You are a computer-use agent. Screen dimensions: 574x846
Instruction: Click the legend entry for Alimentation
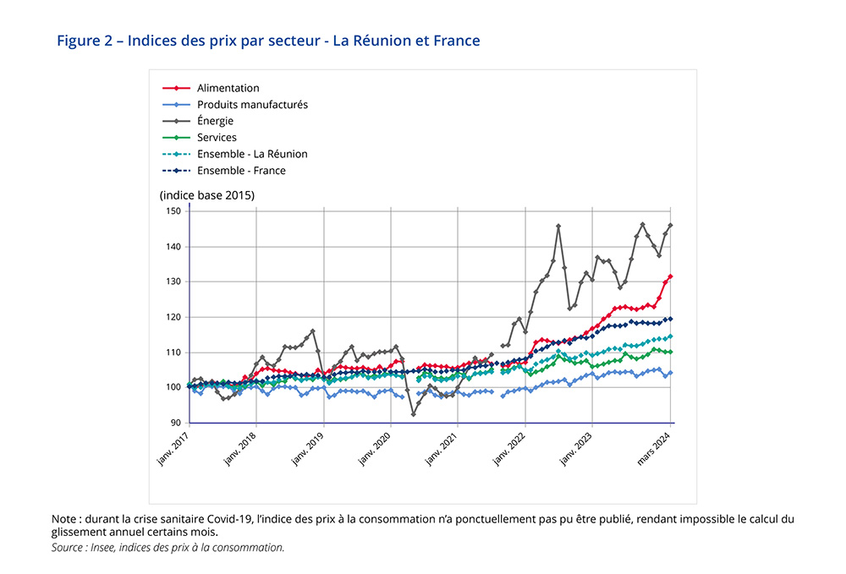pos(228,88)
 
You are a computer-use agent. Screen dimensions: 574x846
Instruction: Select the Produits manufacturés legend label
pos(252,105)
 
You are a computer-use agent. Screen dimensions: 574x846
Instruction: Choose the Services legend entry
pos(217,138)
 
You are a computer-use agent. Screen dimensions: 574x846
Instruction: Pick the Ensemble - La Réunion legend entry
pos(252,154)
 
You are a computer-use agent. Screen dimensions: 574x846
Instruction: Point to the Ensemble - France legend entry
pos(241,171)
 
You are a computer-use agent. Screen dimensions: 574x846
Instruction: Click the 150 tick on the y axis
pos(174,211)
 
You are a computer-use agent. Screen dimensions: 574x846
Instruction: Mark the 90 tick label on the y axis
pos(177,423)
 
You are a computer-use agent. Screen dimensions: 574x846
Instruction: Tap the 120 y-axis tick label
pos(174,317)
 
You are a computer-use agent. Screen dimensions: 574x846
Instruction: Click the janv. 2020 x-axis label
pos(377,449)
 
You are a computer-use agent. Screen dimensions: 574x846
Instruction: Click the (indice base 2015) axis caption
pos(206,195)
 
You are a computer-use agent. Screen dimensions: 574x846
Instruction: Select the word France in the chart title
pos(458,41)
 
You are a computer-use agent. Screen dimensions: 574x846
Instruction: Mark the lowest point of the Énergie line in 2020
pos(413,414)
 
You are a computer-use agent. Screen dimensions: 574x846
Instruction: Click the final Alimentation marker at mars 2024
pos(671,276)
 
